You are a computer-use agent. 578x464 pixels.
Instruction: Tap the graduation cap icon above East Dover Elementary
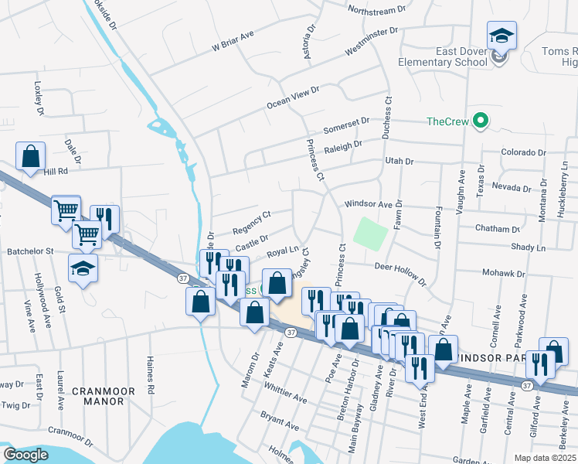tap(501, 36)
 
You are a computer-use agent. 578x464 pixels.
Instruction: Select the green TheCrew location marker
tap(480, 121)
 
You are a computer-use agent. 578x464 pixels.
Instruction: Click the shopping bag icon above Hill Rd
tap(31, 156)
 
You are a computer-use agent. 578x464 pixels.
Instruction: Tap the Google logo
tap(25, 455)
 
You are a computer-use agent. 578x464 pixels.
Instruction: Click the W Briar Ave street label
tap(233, 41)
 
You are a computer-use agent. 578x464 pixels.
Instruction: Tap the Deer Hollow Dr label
tap(399, 272)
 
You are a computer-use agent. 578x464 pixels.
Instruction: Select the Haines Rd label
tap(151, 376)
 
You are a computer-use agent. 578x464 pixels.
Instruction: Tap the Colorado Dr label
tap(523, 152)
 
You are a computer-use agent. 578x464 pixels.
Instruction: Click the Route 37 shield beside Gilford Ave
tap(526, 384)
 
